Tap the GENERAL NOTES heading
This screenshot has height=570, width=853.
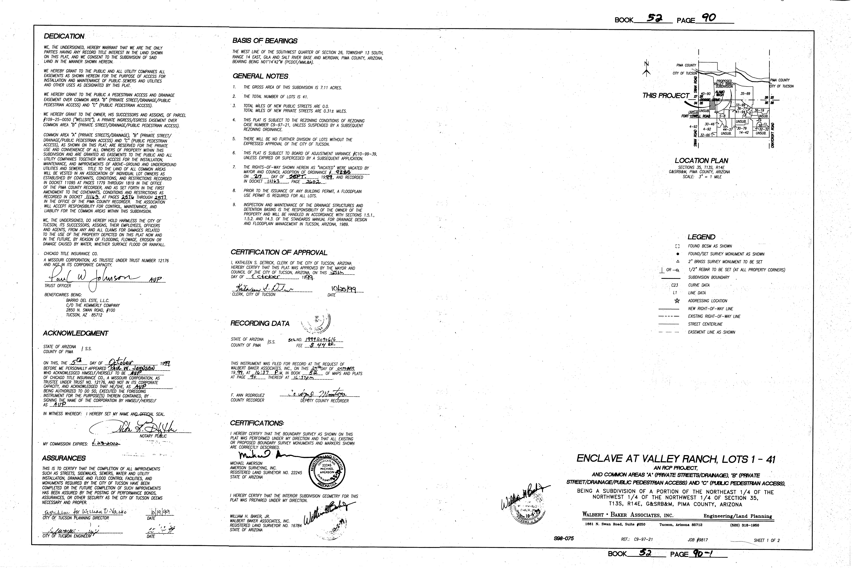260,76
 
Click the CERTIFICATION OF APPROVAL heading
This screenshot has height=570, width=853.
279,253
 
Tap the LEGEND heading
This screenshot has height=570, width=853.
701,237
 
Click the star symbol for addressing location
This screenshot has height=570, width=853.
677,301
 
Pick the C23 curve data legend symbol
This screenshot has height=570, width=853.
675,285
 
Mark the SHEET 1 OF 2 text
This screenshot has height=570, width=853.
766,540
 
